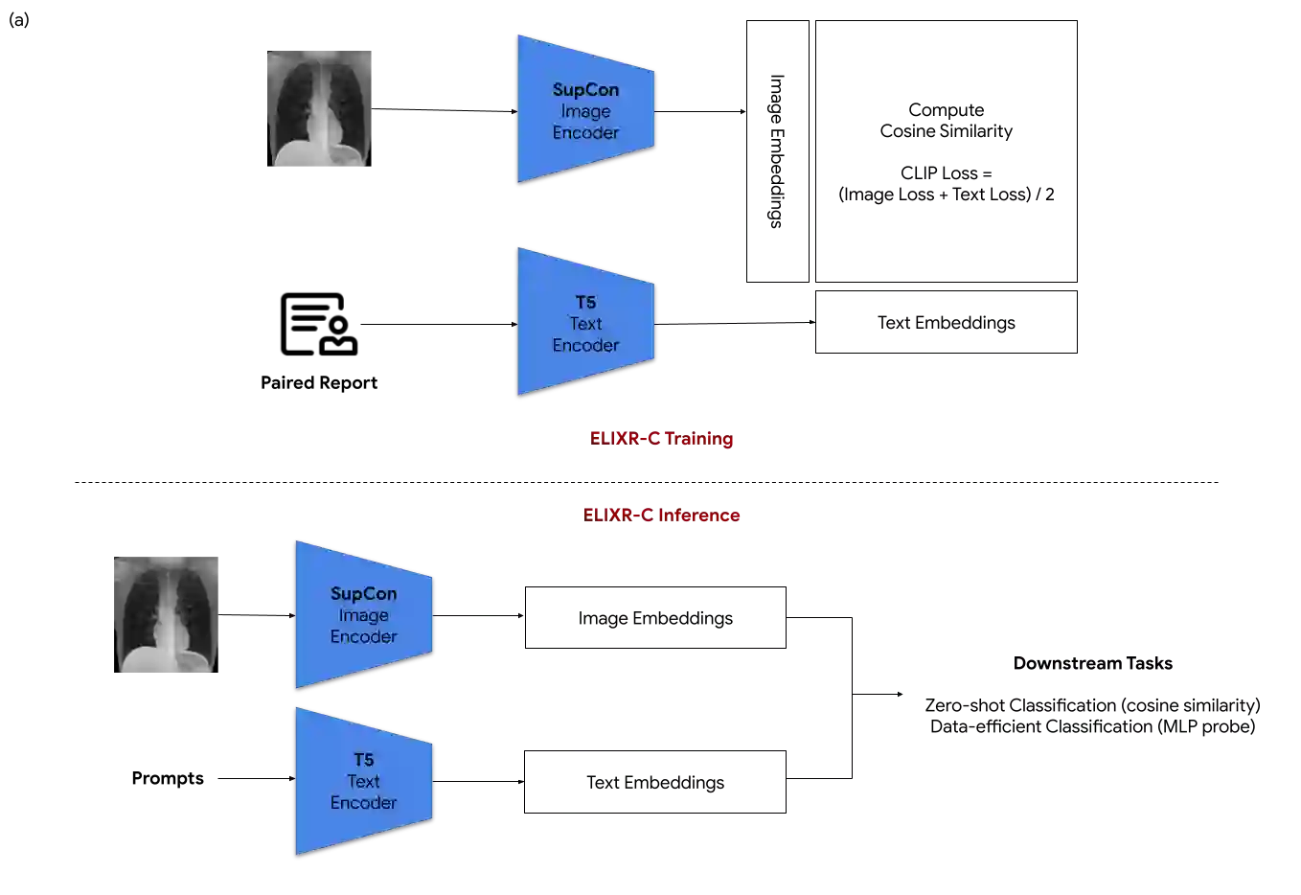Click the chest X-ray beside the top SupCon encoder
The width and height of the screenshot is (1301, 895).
tap(318, 106)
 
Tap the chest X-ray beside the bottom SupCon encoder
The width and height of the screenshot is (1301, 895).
tap(165, 612)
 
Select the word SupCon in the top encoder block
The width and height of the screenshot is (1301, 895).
tap(585, 89)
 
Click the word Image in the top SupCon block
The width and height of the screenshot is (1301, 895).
tap(585, 111)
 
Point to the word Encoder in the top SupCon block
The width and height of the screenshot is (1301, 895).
tap(585, 132)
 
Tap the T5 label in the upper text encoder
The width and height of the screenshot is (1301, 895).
tap(585, 302)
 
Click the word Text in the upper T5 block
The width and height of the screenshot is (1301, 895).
tap(585, 324)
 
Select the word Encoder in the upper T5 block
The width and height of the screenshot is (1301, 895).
tap(585, 345)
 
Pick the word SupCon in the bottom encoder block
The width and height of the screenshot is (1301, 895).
tap(363, 593)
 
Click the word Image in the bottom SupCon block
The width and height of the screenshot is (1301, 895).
tap(363, 615)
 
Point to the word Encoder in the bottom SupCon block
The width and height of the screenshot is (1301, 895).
tap(363, 636)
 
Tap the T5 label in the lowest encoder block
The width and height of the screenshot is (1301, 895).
tap(363, 760)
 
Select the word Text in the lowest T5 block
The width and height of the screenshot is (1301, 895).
tap(363, 781)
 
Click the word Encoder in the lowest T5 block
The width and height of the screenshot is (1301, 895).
tap(363, 803)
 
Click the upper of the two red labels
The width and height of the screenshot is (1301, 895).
tap(662, 439)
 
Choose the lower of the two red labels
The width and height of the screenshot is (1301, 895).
tap(662, 516)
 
